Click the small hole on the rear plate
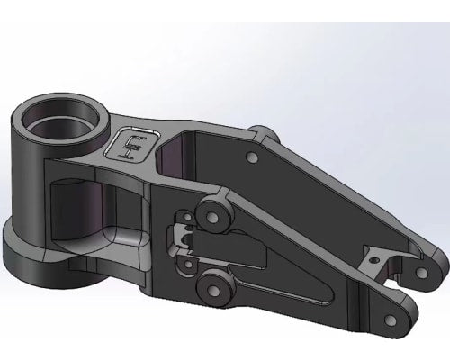tap(252, 157)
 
